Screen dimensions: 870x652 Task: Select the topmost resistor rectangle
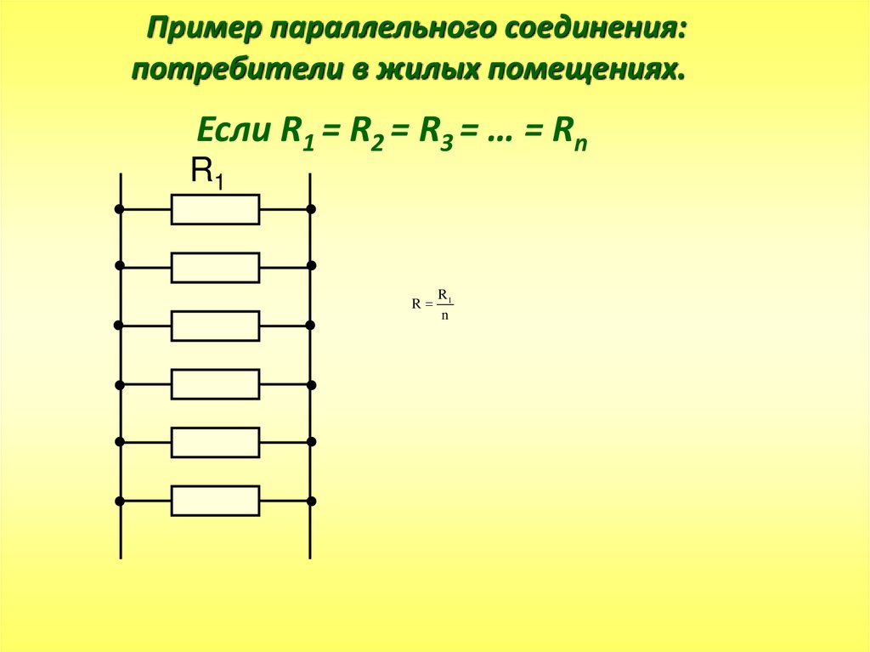pyautogui.click(x=215, y=209)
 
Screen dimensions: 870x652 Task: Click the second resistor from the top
pyautogui.click(x=215, y=267)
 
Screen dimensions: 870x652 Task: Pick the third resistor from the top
pyautogui.click(x=215, y=326)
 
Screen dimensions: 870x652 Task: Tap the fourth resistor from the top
pyautogui.click(x=215, y=384)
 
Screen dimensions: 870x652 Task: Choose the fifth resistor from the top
pyautogui.click(x=215, y=442)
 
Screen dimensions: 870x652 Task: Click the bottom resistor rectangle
pyautogui.click(x=215, y=501)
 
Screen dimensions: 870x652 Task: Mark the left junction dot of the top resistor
pyautogui.click(x=120, y=209)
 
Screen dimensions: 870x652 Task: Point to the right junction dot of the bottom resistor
pyautogui.click(x=311, y=501)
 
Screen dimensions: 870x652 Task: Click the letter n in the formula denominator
pyautogui.click(x=444, y=316)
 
